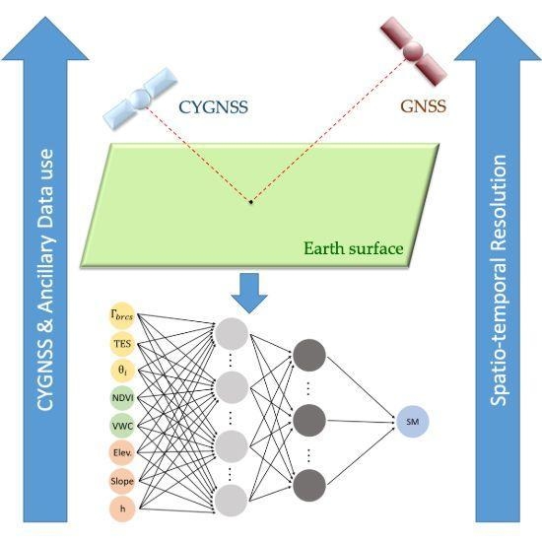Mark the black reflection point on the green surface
(250, 202)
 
